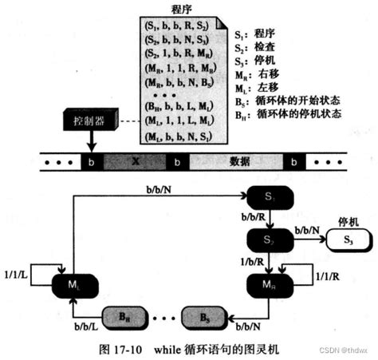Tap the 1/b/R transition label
pyautogui.click(x=254, y=261)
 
